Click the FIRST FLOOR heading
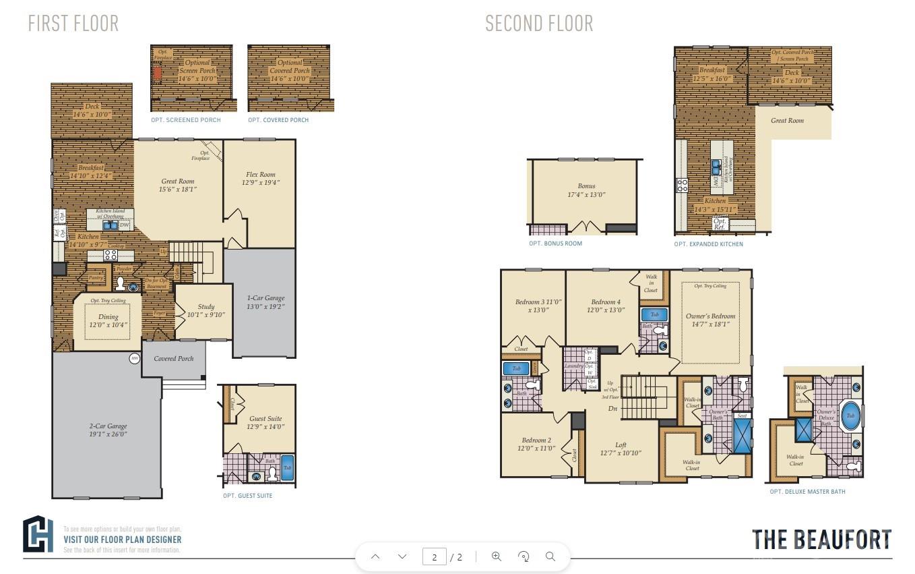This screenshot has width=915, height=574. click(x=73, y=24)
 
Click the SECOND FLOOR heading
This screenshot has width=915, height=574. click(x=539, y=24)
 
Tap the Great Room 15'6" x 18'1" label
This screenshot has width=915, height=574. click(x=178, y=185)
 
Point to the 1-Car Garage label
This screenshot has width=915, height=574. click(x=265, y=302)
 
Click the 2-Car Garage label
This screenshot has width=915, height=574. click(x=108, y=430)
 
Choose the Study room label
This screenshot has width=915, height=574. click(x=206, y=311)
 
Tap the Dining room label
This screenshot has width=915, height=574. click(x=108, y=320)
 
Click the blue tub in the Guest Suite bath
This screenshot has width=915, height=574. click(x=287, y=468)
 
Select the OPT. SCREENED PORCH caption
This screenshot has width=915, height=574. click(x=186, y=120)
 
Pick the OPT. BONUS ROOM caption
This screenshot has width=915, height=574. click(x=555, y=243)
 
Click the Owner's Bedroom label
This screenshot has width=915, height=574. click(x=710, y=320)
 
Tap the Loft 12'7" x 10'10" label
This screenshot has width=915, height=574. click(x=621, y=449)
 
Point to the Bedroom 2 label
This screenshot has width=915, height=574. click(x=536, y=444)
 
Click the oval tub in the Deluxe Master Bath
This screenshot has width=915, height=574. click(x=850, y=416)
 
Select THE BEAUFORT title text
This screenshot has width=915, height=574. click(x=821, y=540)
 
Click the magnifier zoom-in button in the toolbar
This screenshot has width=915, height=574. click(x=497, y=556)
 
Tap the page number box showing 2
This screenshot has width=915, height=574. click(x=435, y=556)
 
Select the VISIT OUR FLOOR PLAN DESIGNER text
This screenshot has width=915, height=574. click(x=122, y=540)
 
